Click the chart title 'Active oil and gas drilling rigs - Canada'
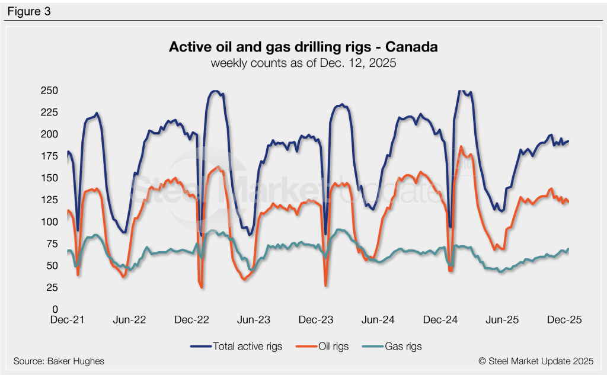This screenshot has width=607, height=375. point(303,47)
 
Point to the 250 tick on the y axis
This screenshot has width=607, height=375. point(49,91)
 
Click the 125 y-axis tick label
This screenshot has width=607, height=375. point(49,200)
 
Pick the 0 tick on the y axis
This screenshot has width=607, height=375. point(53,309)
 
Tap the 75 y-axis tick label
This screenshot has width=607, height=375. point(51,243)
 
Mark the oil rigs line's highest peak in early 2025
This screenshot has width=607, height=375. point(461,146)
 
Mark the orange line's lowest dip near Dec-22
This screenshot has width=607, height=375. point(202,288)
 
